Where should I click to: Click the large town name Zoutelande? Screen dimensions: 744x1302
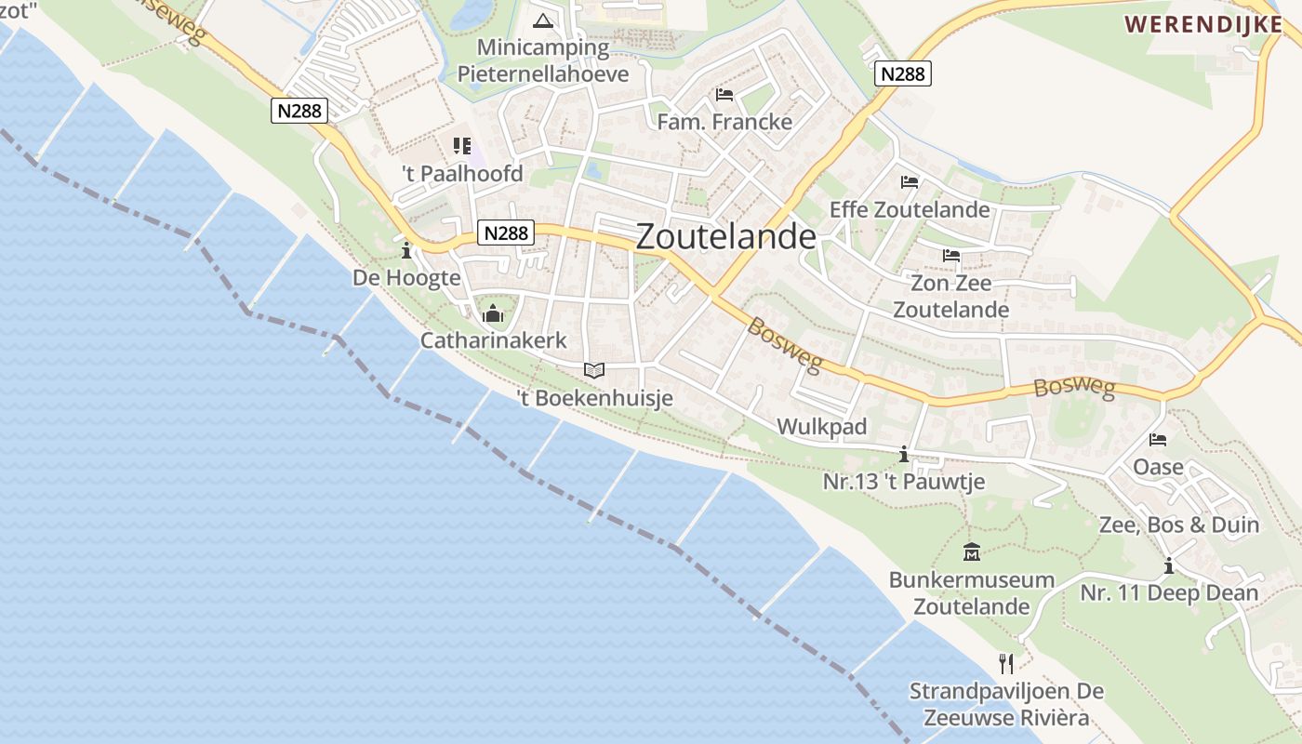[x=725, y=237]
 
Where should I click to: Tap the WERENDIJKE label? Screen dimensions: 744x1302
[x=1203, y=24]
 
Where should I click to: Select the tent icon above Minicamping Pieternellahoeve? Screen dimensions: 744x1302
[x=543, y=20]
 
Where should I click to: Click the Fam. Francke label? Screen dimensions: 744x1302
[x=724, y=122]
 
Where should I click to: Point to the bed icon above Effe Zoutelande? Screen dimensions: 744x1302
[x=910, y=182]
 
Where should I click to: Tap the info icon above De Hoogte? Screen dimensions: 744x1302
[x=406, y=250]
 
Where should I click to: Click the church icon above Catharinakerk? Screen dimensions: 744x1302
[x=493, y=313]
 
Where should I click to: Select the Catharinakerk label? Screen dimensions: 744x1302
[x=493, y=340]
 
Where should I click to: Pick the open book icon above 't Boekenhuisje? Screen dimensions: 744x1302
[x=594, y=370]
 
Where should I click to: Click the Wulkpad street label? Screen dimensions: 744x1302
[x=821, y=427]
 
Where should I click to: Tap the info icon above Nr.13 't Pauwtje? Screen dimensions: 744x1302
[x=904, y=454]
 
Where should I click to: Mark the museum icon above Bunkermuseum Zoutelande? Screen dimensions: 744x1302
[x=972, y=552]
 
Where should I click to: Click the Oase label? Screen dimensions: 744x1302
[x=1158, y=467]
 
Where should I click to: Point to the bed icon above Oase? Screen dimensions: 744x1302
[x=1158, y=439]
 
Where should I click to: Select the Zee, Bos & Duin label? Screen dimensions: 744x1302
[x=1179, y=525]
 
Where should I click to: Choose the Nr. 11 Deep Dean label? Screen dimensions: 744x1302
[x=1169, y=593]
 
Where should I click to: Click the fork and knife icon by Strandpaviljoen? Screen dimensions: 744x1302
[x=1005, y=663]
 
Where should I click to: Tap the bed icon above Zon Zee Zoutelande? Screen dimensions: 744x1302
[x=950, y=255]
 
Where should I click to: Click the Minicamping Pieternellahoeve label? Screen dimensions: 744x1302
[x=543, y=60]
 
